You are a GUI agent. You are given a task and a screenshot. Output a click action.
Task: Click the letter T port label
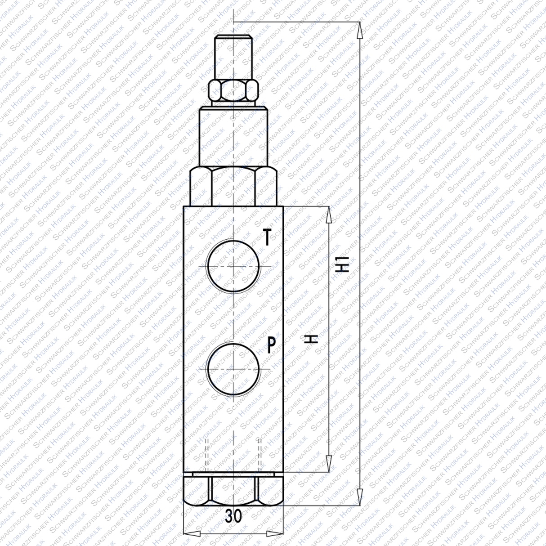[x=268, y=237]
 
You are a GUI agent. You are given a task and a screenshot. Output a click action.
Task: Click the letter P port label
[x=272, y=345]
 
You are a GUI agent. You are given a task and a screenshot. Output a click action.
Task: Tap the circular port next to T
[x=234, y=266]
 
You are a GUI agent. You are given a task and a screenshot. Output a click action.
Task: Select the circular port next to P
[x=234, y=369]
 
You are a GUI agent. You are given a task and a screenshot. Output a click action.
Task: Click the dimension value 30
[x=233, y=516]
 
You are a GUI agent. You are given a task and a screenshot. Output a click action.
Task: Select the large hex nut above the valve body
[x=233, y=187]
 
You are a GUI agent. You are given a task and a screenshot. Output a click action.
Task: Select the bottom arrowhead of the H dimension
[x=329, y=463]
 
